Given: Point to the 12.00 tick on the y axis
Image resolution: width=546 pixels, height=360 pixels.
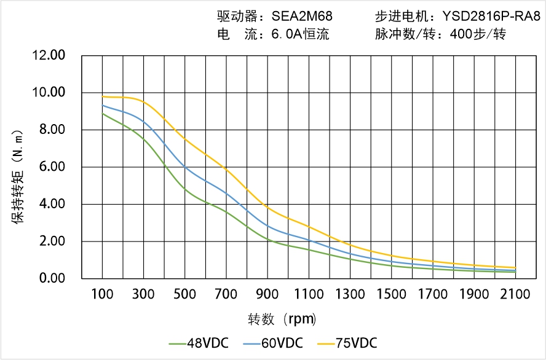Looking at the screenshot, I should (x=49, y=56).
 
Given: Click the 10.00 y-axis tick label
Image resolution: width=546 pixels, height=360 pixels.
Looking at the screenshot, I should (x=49, y=93).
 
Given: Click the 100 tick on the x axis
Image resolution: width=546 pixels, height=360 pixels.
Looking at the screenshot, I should (x=102, y=295).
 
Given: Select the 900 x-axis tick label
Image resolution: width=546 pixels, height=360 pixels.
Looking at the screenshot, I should (x=267, y=295).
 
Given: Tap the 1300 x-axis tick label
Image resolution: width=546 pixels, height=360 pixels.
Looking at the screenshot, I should (x=350, y=295).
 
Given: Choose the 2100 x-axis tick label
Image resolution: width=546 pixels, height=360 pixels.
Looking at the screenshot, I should (x=515, y=295).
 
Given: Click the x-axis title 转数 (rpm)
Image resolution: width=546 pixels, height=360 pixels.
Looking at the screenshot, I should (x=282, y=319).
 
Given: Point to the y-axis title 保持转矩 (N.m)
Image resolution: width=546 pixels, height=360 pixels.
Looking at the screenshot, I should (x=18, y=176).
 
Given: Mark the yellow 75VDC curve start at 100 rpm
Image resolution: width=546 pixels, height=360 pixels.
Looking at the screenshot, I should (x=102, y=96).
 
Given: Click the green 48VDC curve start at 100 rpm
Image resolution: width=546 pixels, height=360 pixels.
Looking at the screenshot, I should (x=102, y=114).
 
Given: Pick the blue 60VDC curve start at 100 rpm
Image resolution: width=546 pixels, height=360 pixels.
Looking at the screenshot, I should (x=102, y=105).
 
